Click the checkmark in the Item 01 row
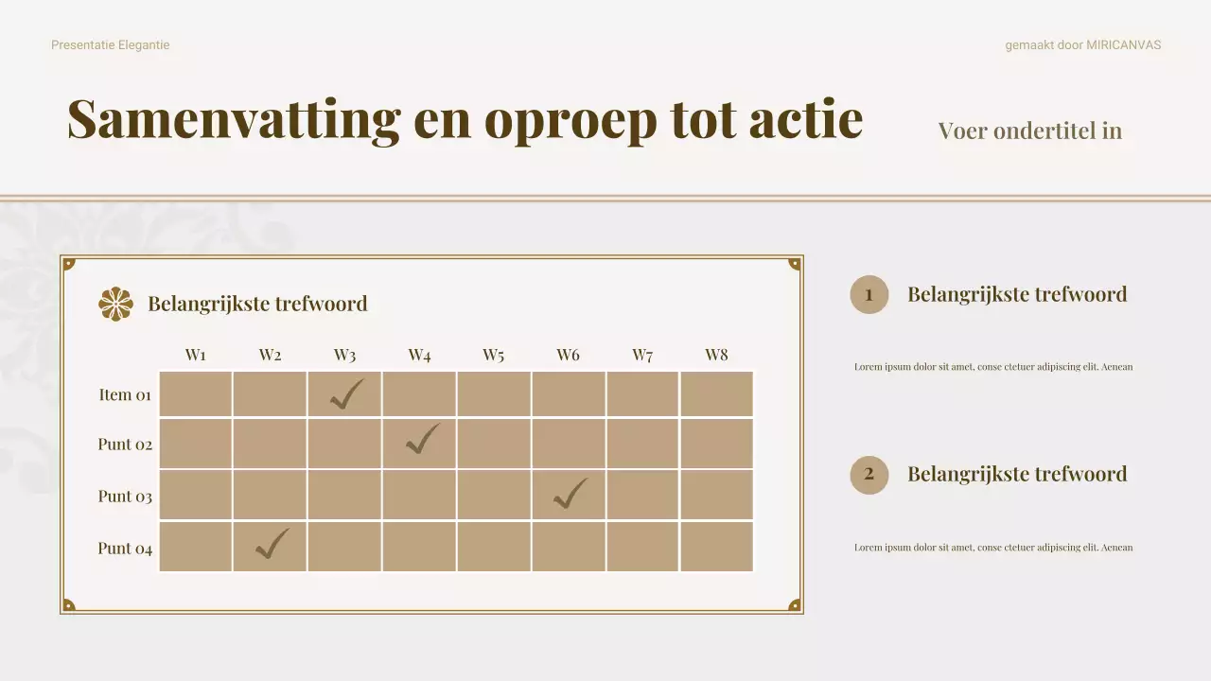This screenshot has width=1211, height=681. click(346, 393)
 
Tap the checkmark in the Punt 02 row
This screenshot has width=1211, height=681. click(422, 440)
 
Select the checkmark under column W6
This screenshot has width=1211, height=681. click(570, 494)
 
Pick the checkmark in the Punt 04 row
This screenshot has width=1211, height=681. click(272, 544)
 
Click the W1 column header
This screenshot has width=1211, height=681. click(196, 356)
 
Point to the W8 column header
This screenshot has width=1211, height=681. click(716, 356)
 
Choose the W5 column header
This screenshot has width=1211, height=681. click(493, 356)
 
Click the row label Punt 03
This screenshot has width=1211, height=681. click(125, 497)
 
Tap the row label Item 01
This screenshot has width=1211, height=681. click(125, 394)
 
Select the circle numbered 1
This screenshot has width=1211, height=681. click(869, 294)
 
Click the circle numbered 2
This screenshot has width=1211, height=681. click(869, 475)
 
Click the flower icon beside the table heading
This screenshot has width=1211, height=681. click(115, 304)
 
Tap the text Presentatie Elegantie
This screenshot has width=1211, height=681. click(111, 44)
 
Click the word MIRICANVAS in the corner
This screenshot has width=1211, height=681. click(1123, 44)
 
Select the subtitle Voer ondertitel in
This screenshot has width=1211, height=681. click(1029, 131)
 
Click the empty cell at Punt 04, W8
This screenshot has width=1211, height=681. click(716, 547)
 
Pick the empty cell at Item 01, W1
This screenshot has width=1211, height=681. click(196, 393)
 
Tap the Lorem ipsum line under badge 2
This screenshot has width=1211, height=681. click(992, 548)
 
